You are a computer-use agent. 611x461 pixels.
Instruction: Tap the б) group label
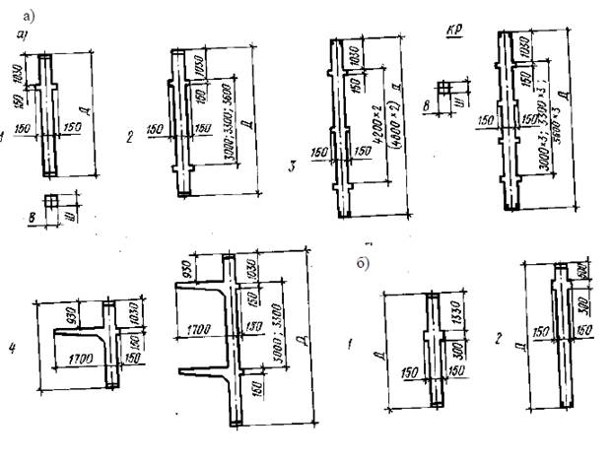point(364,264)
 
